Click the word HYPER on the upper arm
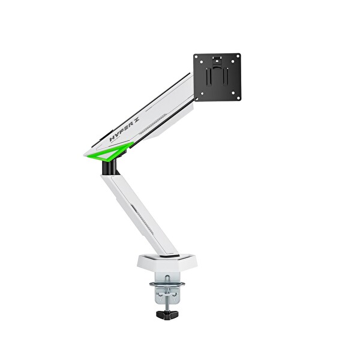[x=121, y=133]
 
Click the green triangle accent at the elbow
[x=109, y=151]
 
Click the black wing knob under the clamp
[x=167, y=315]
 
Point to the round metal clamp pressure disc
[x=167, y=284]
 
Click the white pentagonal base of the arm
[x=167, y=262]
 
